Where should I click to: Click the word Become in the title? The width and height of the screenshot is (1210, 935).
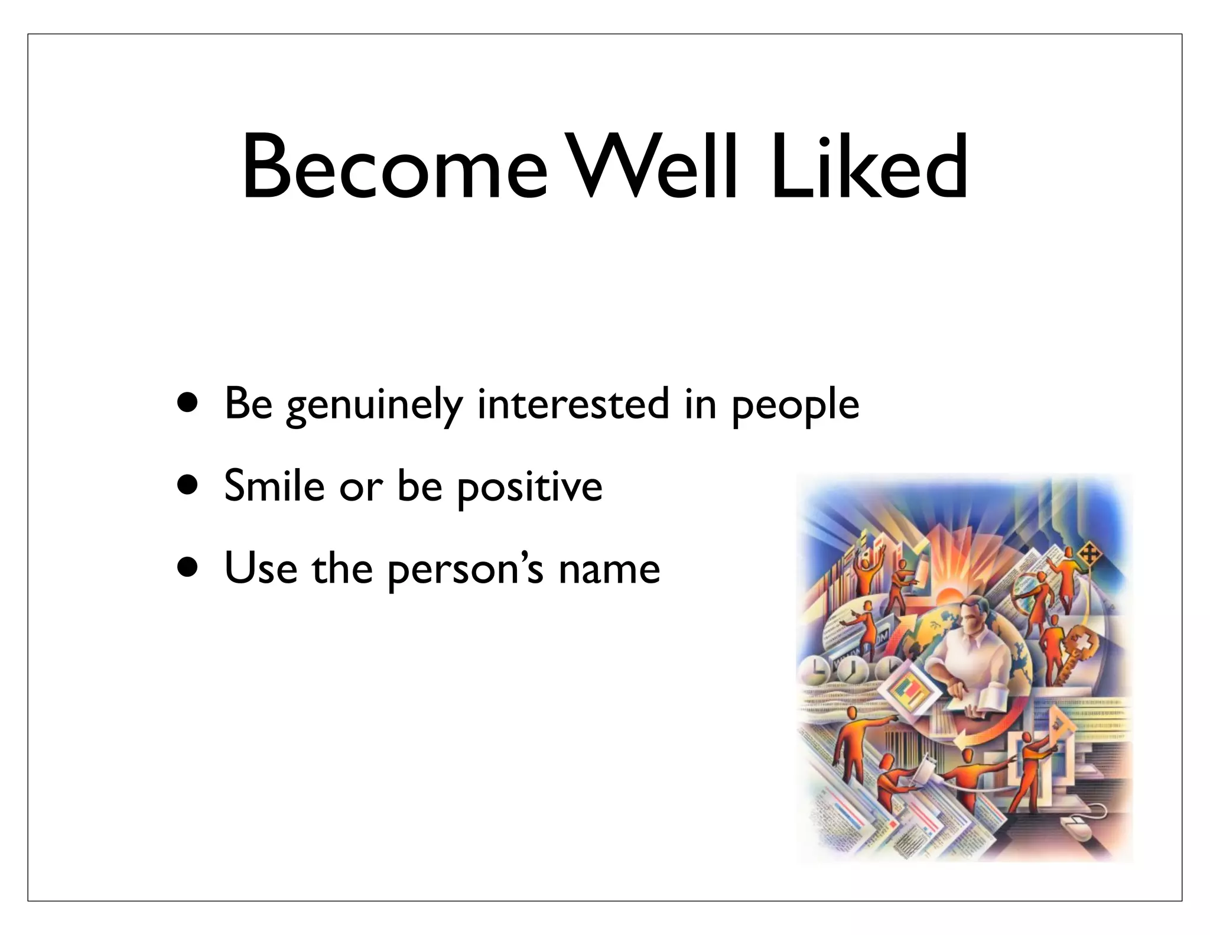tap(395, 168)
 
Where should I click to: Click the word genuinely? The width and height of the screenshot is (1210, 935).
tap(375, 405)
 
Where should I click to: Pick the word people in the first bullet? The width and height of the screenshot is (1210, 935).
tap(795, 407)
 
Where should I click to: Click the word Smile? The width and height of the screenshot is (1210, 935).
tap(275, 486)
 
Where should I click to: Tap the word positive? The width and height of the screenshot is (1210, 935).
tap(530, 488)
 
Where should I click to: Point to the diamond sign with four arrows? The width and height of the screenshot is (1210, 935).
tap(1088, 556)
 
